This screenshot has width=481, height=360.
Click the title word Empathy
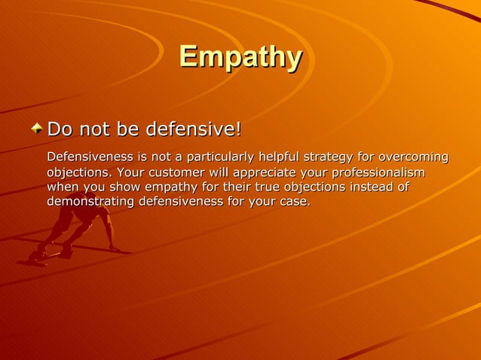click(240, 57)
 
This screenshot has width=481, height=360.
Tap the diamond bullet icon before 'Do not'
click(37, 130)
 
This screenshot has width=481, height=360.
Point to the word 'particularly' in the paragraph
click(221, 157)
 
